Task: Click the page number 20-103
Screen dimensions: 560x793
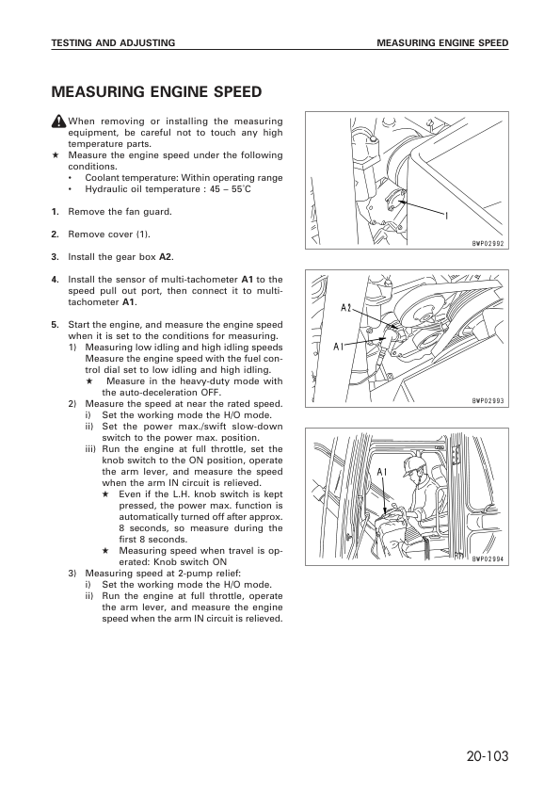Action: pos(488,756)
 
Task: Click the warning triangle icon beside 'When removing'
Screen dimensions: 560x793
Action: pos(58,121)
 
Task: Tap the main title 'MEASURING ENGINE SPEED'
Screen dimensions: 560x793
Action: pos(156,92)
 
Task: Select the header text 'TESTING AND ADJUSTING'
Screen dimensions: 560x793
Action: pos(113,43)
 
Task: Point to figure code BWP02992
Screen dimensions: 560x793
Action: pos(488,243)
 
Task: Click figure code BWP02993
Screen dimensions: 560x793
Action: pos(488,401)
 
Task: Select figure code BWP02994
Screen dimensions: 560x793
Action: pos(488,559)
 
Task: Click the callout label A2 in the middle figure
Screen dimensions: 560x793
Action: pos(346,307)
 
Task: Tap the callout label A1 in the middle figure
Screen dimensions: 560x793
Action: pos(339,347)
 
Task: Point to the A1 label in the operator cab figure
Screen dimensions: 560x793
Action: pos(383,473)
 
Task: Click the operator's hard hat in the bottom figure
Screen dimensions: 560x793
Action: pos(413,466)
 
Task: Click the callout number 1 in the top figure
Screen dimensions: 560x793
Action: pos(447,216)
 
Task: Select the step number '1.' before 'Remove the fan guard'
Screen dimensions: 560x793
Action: pos(56,212)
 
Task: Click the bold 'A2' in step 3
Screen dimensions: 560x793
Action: pos(166,257)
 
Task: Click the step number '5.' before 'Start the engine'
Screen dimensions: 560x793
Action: pos(56,325)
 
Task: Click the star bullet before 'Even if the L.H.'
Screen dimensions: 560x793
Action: pos(105,494)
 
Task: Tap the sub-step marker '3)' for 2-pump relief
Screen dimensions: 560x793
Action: pos(72,574)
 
